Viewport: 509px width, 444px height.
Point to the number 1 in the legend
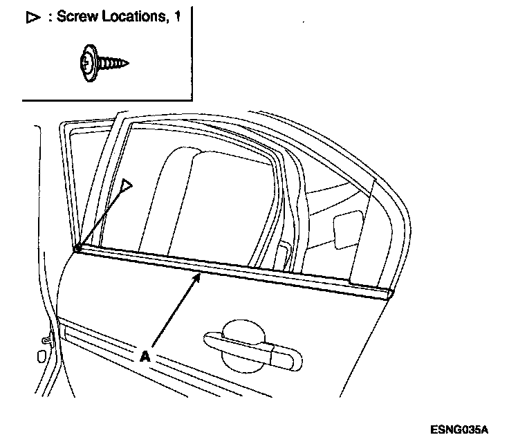coord(178,17)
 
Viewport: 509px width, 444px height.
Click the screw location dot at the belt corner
coord(78,248)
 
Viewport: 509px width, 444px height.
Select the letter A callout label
coord(145,355)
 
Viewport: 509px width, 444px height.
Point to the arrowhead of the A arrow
coord(199,276)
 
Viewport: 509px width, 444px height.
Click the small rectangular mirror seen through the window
coord(346,228)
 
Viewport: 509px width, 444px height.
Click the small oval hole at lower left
coord(39,356)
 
